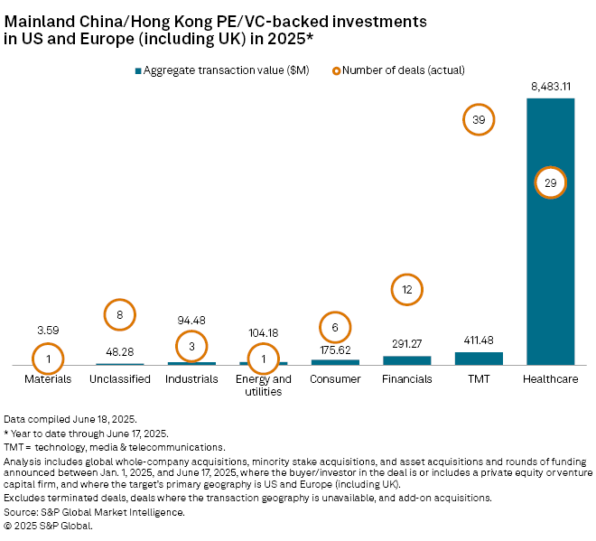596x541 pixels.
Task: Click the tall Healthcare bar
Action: pyautogui.click(x=550, y=271)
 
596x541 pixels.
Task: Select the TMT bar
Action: pyautogui.click(x=479, y=358)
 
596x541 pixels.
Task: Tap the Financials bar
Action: pyautogui.click(x=406, y=359)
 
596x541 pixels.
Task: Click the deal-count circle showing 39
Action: pyautogui.click(x=479, y=120)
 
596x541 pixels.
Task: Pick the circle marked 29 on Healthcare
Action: pyautogui.click(x=550, y=182)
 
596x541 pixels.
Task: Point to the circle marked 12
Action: pyautogui.click(x=406, y=290)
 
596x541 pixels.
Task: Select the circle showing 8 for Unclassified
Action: pyautogui.click(x=119, y=314)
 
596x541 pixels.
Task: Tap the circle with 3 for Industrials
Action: pyautogui.click(x=191, y=346)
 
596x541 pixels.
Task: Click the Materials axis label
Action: pyautogui.click(x=48, y=379)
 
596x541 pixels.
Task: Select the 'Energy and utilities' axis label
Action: pyautogui.click(x=263, y=385)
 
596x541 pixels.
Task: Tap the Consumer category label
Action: pyautogui.click(x=335, y=379)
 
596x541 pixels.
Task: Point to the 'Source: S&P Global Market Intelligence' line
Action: pyautogui.click(x=94, y=512)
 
